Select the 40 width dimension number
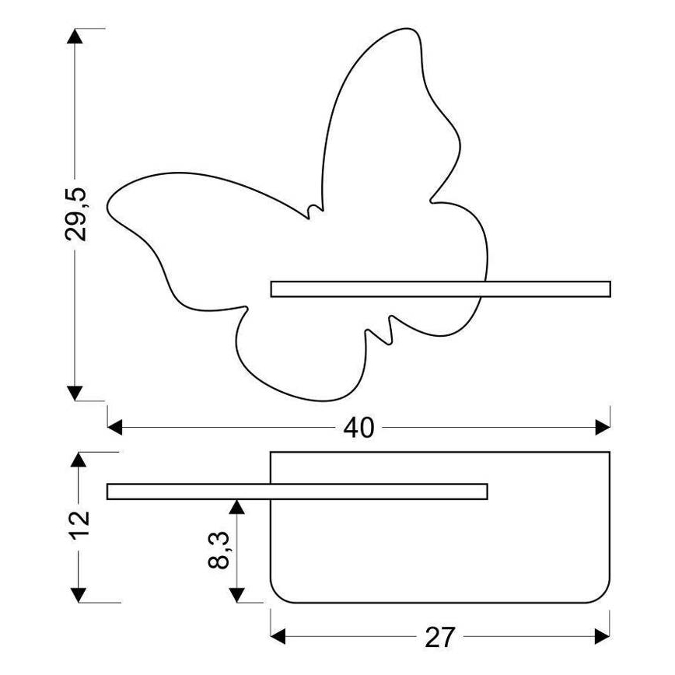[x=358, y=427]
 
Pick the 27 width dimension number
[x=440, y=638]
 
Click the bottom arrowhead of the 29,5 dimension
[x=75, y=393]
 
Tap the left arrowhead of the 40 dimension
[x=115, y=427]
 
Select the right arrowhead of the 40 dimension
[x=603, y=427]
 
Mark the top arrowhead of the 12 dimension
[x=78, y=460]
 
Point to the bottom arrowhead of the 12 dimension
[x=78, y=594]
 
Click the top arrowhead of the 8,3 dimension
[x=237, y=506]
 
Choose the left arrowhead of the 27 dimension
[x=278, y=638]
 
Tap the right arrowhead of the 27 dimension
[x=603, y=638]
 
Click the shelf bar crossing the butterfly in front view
[x=440, y=289]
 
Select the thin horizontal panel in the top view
[x=296, y=491]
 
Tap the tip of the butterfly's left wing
[x=107, y=201]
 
